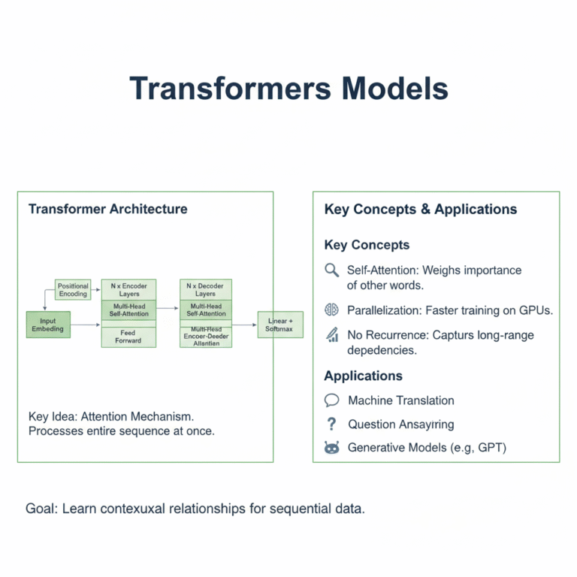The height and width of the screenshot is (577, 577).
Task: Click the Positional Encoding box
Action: (73, 290)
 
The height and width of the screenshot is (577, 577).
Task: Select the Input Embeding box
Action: (48, 325)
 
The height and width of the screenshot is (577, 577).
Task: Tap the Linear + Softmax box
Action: (279, 325)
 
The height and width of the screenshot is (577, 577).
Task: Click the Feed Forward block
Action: (128, 337)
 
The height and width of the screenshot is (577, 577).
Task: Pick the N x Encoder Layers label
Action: (128, 290)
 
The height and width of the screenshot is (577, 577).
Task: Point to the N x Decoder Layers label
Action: (206, 290)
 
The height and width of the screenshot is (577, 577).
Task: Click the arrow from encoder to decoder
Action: (168, 308)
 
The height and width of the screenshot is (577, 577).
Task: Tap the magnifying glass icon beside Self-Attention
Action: (331, 270)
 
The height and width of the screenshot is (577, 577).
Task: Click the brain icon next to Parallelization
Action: (331, 310)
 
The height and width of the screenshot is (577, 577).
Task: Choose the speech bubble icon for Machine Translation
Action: (331, 400)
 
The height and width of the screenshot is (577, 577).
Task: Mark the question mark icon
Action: (331, 424)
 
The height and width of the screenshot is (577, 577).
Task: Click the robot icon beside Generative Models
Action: (331, 448)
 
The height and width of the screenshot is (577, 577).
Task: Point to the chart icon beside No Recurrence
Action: (331, 335)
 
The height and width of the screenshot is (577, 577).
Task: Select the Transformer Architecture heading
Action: (108, 209)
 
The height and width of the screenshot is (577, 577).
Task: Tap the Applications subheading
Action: (363, 376)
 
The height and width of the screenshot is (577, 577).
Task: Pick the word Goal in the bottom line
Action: (41, 509)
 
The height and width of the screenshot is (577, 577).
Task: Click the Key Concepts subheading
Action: (367, 245)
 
